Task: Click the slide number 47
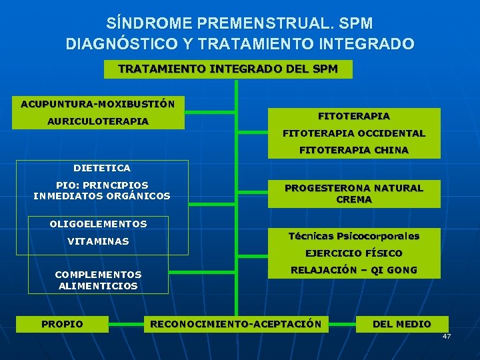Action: click(447, 336)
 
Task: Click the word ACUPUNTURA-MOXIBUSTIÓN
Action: click(97, 104)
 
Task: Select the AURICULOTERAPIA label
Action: click(97, 122)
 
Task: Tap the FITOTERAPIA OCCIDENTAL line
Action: click(354, 133)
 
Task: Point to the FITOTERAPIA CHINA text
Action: click(354, 151)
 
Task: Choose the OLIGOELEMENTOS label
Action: click(98, 224)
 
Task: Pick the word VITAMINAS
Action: click(98, 241)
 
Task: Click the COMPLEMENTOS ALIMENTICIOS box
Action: click(98, 280)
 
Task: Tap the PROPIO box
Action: click(63, 324)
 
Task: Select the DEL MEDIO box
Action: click(401, 324)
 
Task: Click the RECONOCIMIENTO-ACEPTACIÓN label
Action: click(236, 324)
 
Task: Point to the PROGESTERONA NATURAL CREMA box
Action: click(354, 193)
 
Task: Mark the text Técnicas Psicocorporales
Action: click(354, 236)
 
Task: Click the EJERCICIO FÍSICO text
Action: click(354, 253)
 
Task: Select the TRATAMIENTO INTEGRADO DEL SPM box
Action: click(228, 69)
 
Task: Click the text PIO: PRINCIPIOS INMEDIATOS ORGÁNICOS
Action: click(102, 190)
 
